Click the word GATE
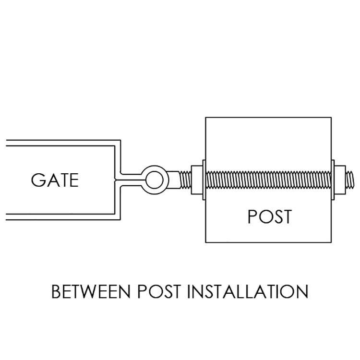55,180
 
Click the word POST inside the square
270,216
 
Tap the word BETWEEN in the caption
91,291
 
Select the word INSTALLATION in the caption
248,291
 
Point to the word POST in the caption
159,291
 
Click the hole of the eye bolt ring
155,180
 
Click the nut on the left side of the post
197,180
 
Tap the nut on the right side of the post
340,180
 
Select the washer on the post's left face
204,180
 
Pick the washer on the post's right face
333,180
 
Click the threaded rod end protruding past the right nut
350,180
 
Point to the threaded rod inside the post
268,180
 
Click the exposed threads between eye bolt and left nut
185,180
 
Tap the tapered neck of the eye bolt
173,180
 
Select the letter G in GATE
37,180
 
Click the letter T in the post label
286,216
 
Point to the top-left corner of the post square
205,118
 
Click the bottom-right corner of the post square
331,242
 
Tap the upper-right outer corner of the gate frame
120,140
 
